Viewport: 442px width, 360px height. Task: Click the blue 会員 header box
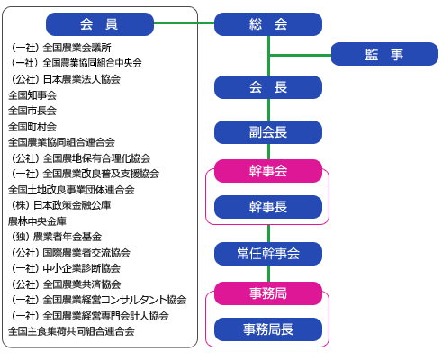(100, 24)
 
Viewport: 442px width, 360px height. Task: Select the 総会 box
(268, 24)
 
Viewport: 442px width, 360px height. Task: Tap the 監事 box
(384, 54)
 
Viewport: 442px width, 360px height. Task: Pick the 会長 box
(268, 87)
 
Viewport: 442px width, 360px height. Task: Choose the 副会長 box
(268, 132)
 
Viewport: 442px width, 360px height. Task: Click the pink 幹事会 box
(268, 171)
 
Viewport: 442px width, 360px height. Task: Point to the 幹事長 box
(268, 207)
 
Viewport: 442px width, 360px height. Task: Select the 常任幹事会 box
(268, 254)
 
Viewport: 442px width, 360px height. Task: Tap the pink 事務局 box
(268, 293)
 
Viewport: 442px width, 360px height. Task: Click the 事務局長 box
(268, 329)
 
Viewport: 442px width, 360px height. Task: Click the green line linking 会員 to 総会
(184, 22)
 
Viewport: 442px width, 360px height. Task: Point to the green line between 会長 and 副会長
(268, 110)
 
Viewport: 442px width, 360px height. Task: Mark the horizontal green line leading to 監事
(301, 55)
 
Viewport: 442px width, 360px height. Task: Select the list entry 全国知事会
(32, 95)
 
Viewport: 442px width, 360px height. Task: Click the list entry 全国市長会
(32, 111)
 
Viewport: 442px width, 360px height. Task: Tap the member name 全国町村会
(32, 127)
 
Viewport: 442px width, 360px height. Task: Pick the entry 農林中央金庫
(37, 221)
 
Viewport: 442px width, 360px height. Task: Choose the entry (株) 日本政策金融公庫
(61, 205)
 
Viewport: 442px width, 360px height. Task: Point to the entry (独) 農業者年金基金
(57, 237)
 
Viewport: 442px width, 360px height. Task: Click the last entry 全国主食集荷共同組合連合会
(71, 331)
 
